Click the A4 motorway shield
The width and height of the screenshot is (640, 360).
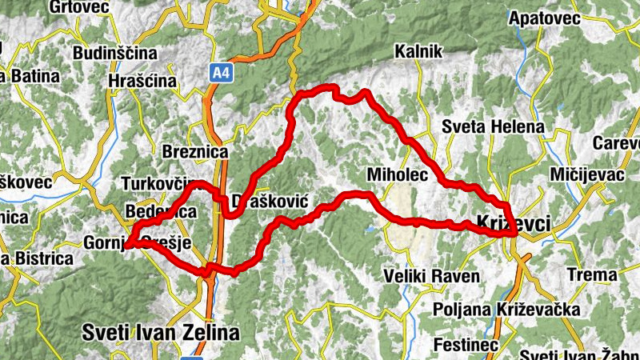[x=221, y=74]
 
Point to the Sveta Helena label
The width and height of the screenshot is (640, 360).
[x=493, y=127]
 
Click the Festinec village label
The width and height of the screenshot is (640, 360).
[x=459, y=345]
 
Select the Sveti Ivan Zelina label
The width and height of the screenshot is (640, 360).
[x=161, y=331]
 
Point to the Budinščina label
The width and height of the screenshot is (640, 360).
[x=112, y=54]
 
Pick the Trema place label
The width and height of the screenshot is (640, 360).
[x=592, y=275]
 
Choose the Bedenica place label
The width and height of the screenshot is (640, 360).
[x=161, y=213]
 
